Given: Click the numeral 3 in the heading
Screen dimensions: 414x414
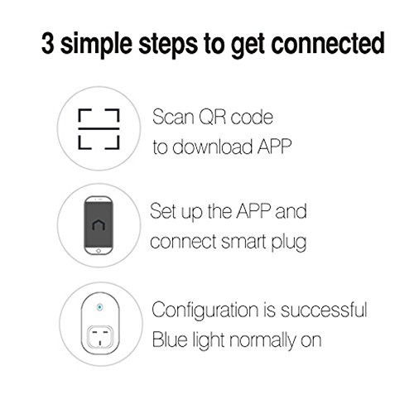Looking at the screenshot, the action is point(47,43).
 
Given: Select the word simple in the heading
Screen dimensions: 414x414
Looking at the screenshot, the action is point(96,45).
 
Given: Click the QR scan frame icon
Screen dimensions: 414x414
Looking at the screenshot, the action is point(99,129).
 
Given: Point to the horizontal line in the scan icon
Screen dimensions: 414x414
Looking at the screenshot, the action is point(99,128).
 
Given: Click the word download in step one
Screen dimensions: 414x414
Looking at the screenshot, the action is point(212,146).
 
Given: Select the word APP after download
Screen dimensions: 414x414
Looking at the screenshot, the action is point(274,147).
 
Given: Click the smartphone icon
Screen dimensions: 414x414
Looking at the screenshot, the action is point(99,225).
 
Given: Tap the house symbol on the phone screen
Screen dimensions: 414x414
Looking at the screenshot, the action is point(99,225).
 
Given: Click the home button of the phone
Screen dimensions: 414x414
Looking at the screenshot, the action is point(99,250).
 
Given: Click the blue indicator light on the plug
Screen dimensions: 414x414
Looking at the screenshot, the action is point(99,307).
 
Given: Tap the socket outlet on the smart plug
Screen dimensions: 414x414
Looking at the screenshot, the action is point(100,336).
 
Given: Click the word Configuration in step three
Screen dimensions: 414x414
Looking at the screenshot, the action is point(205,310).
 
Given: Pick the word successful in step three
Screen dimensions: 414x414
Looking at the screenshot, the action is point(324,310).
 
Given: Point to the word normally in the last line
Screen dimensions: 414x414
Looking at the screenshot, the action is point(262,341).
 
